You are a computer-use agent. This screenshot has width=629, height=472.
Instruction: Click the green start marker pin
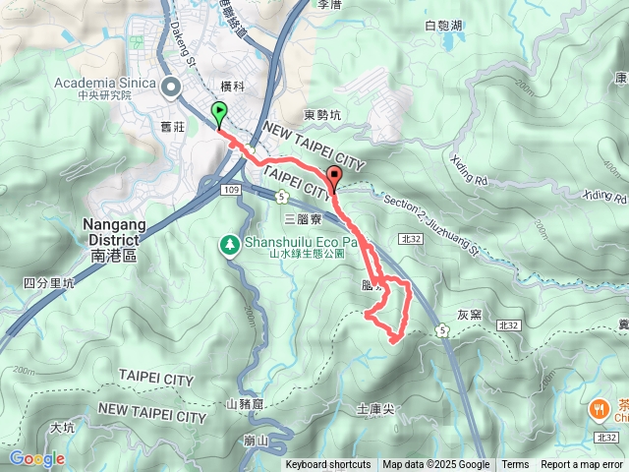[218, 113]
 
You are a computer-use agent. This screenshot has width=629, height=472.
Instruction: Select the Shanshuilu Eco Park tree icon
[229, 243]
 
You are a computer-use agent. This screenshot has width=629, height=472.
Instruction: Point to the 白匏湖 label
[443, 26]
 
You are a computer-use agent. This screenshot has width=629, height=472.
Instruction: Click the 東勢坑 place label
[322, 116]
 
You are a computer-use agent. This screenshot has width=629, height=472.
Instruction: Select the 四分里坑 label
[48, 283]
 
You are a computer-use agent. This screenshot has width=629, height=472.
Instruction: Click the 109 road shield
[232, 189]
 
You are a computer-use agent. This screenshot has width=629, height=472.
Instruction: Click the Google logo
[36, 458]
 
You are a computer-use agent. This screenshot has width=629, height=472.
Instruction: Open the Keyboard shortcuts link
[328, 465]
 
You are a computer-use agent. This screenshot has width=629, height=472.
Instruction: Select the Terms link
[515, 465]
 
